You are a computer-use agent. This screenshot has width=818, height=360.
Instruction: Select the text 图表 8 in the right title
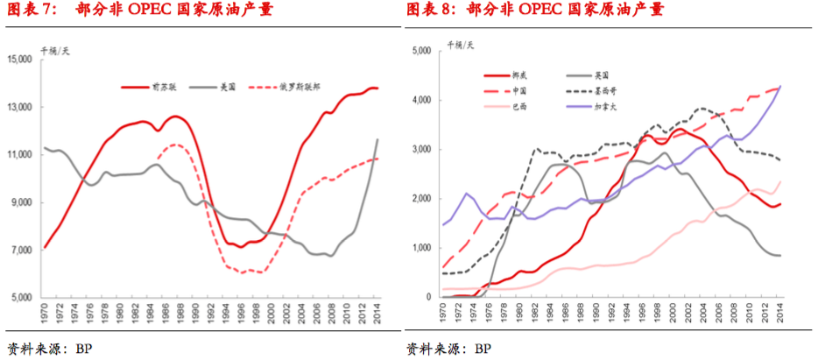[431, 11]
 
